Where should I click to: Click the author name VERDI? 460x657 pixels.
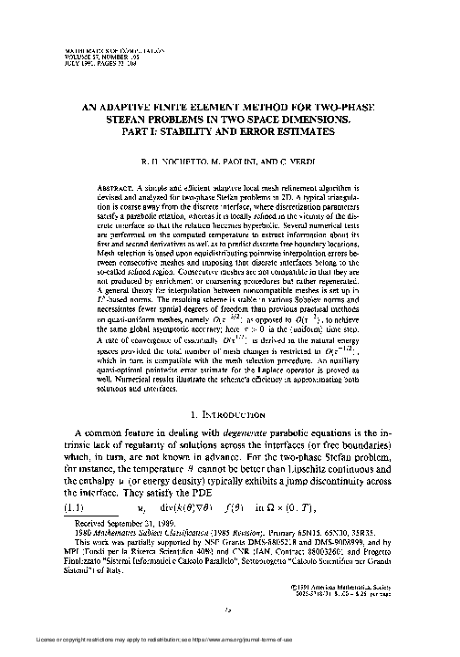pyautogui.click(x=314, y=158)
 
